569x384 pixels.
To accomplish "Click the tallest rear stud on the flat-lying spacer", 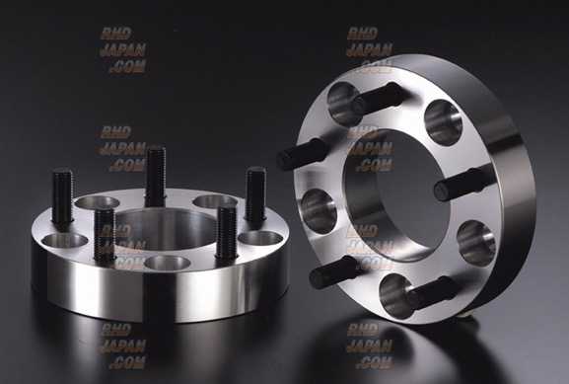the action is pyautogui.click(x=155, y=176).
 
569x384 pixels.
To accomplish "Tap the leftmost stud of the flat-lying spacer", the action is pyautogui.click(x=62, y=195).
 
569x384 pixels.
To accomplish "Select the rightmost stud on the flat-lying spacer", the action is pyautogui.click(x=255, y=193).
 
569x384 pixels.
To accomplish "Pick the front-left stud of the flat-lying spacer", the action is pyautogui.click(x=105, y=233).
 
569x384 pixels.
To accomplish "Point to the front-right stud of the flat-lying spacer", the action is pyautogui.click(x=227, y=231).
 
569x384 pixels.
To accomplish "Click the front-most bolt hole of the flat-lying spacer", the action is pyautogui.click(x=168, y=263).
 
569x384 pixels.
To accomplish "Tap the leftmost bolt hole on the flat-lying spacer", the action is pyautogui.click(x=65, y=240).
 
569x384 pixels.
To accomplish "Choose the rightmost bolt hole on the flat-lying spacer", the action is pyautogui.click(x=260, y=238).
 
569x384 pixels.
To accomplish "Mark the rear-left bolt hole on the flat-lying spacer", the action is pyautogui.click(x=98, y=202).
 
